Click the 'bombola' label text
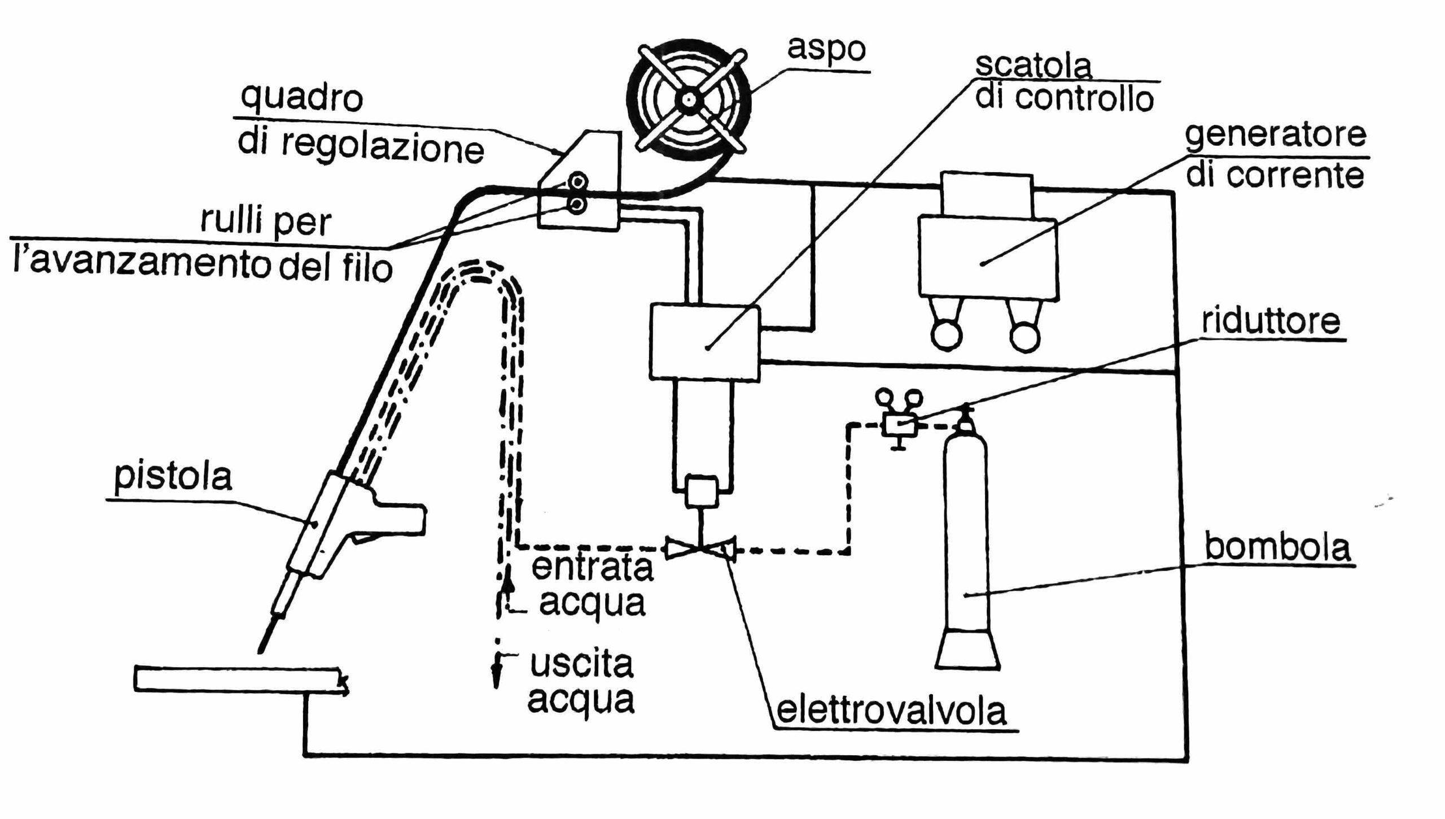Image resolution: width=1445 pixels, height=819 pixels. coord(1277,547)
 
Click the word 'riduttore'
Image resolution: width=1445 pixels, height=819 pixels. coord(1270,321)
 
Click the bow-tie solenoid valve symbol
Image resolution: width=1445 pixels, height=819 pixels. coord(700,548)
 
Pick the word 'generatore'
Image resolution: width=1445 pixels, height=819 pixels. coord(1275,136)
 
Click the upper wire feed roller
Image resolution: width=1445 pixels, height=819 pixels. coord(577,182)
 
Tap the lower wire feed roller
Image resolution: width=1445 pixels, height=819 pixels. coord(576,204)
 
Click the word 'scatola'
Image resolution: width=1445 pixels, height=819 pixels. coord(1033,66)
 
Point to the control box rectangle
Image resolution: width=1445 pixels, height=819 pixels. coord(705,342)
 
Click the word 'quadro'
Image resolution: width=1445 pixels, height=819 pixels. coord(301,98)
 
